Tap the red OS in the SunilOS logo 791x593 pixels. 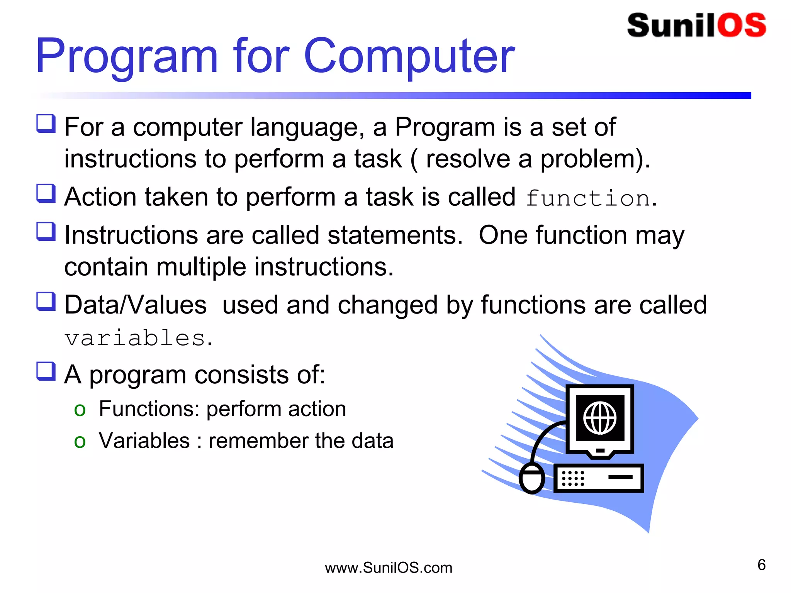click(x=742, y=25)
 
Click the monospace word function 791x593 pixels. click(x=588, y=198)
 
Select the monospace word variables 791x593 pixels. click(x=135, y=338)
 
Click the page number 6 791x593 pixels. click(x=761, y=565)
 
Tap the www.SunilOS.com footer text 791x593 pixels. click(x=388, y=568)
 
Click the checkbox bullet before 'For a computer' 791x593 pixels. click(x=46, y=124)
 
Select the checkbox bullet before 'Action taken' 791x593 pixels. click(x=46, y=193)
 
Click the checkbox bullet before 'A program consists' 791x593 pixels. click(x=46, y=371)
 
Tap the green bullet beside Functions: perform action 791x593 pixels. click(x=80, y=410)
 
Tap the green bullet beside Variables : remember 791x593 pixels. click(x=80, y=441)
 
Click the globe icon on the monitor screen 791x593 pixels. click(x=600, y=418)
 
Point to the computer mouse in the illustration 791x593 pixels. click(x=532, y=479)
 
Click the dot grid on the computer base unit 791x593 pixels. click(x=573, y=478)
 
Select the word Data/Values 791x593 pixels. click(x=136, y=305)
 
